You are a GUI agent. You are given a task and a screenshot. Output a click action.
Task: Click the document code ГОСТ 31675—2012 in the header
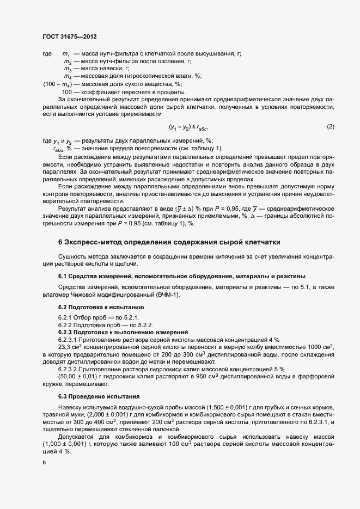pos(70,37)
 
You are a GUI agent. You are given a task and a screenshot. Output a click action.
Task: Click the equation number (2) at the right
pos(330,126)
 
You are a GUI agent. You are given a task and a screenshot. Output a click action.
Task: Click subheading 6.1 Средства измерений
pos(181,276)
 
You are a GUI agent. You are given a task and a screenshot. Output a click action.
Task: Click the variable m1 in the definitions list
pos(66,54)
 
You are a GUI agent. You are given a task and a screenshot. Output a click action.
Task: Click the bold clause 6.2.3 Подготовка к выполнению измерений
pos(123,332)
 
